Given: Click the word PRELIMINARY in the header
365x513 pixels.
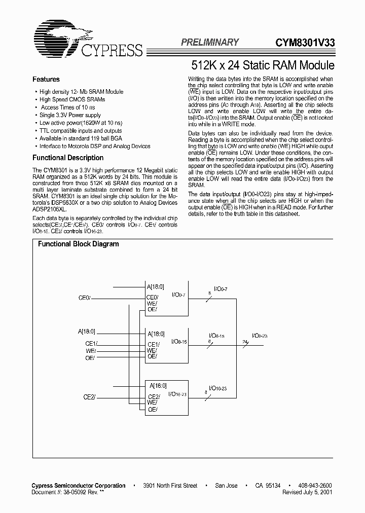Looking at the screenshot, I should point(209,43).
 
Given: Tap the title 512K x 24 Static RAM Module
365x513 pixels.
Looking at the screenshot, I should point(263,65).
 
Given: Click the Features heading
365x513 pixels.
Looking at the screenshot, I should point(46,80).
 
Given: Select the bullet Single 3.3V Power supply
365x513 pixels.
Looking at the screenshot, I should point(70,115).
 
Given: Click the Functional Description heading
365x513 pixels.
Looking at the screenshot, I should point(68,158).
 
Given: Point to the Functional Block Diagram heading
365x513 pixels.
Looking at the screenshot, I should point(79,244).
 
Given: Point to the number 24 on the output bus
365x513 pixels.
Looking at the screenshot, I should point(245,342).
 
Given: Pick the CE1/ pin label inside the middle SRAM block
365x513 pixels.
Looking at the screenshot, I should point(153,344).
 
